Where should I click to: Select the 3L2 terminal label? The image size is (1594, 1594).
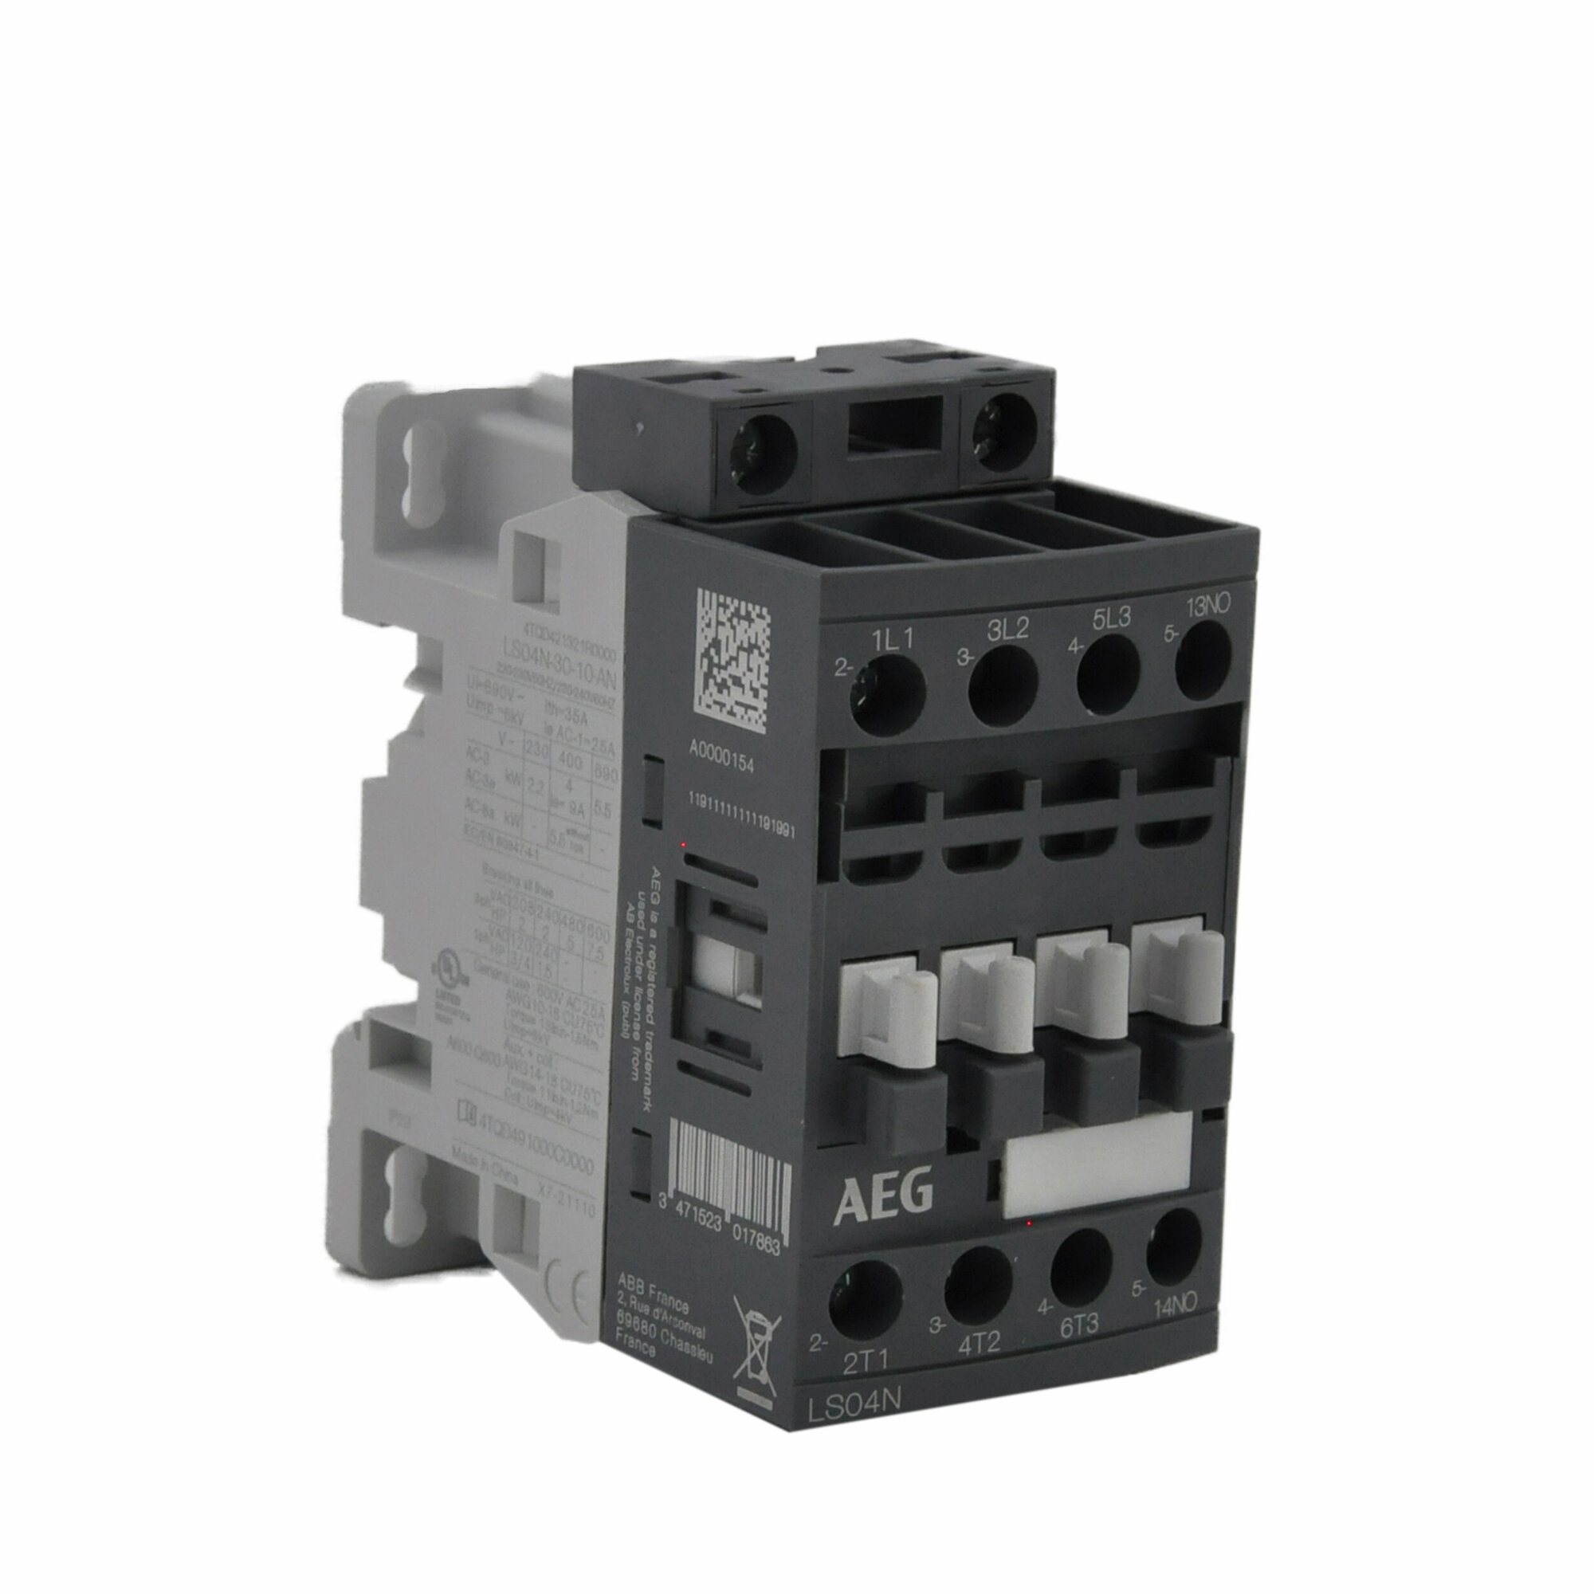click(1007, 630)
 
